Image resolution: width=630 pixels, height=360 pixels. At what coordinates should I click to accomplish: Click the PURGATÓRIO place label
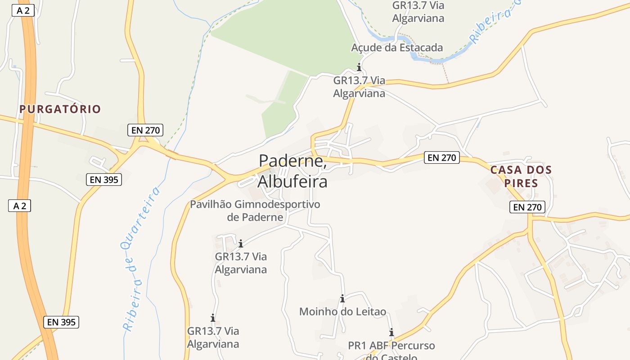click(60, 109)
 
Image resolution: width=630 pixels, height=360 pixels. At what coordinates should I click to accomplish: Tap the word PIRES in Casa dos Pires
click(521, 183)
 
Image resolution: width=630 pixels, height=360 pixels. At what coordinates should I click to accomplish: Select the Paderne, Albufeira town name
click(292, 171)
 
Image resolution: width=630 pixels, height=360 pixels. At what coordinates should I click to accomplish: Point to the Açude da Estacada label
click(397, 48)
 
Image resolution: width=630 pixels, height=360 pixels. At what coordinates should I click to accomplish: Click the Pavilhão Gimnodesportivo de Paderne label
click(255, 211)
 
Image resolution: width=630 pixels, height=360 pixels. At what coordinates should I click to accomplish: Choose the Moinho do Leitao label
click(342, 311)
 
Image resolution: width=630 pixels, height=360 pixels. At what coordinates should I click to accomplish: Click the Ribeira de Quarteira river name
click(142, 259)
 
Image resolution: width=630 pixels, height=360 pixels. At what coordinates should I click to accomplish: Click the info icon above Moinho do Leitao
click(342, 298)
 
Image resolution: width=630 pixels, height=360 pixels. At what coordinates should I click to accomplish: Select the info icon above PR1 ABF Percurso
click(391, 333)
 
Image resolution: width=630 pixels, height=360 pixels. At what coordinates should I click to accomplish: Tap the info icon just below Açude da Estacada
click(359, 67)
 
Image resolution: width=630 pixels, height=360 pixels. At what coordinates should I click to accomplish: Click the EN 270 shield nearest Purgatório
click(145, 130)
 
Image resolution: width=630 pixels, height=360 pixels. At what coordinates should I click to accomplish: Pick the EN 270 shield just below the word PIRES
click(527, 207)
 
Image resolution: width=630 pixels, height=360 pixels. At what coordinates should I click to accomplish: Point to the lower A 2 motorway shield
click(19, 206)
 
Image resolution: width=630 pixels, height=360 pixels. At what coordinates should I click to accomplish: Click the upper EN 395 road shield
click(104, 180)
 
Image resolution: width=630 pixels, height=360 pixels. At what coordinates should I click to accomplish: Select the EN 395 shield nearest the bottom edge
click(61, 322)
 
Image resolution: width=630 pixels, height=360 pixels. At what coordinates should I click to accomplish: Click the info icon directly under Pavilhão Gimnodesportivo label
click(241, 243)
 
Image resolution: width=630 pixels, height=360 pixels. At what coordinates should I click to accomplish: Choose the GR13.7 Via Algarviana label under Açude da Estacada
click(359, 87)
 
